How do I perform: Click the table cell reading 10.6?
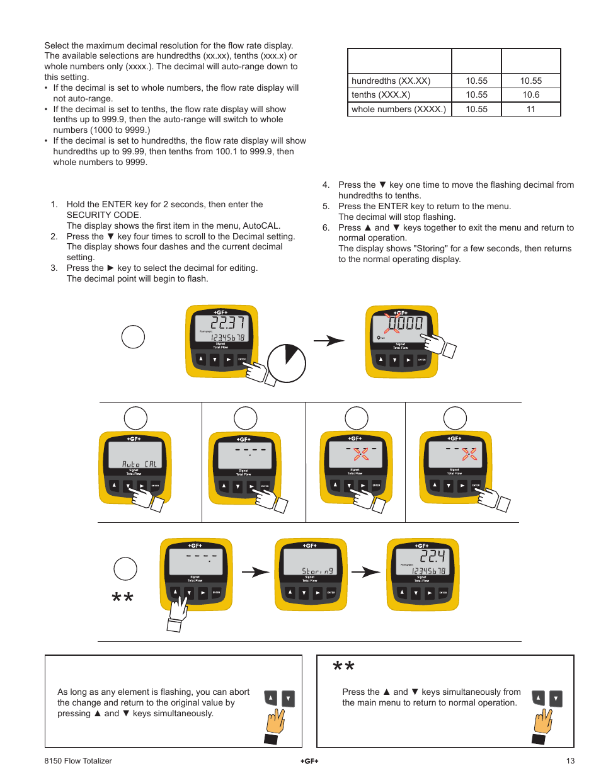(x=530, y=94)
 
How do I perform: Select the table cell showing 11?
(x=530, y=109)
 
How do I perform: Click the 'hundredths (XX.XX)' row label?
(x=391, y=81)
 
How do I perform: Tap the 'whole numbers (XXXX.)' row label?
(x=398, y=109)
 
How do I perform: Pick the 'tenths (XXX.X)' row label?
(x=381, y=94)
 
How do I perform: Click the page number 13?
(x=570, y=761)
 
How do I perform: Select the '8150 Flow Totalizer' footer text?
(x=78, y=761)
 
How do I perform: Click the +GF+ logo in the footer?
(x=309, y=761)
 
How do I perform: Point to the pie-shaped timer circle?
(x=287, y=363)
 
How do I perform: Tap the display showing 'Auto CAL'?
(x=135, y=455)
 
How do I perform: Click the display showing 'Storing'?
(x=310, y=562)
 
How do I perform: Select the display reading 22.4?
(x=422, y=561)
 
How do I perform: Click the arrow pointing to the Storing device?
(x=256, y=572)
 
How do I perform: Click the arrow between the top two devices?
(x=329, y=341)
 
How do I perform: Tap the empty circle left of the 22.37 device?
(x=133, y=337)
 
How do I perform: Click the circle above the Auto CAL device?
(x=135, y=418)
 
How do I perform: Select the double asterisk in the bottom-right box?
(x=343, y=667)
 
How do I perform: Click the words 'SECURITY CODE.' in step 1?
(x=104, y=215)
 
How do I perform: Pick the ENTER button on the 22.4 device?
(x=443, y=593)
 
